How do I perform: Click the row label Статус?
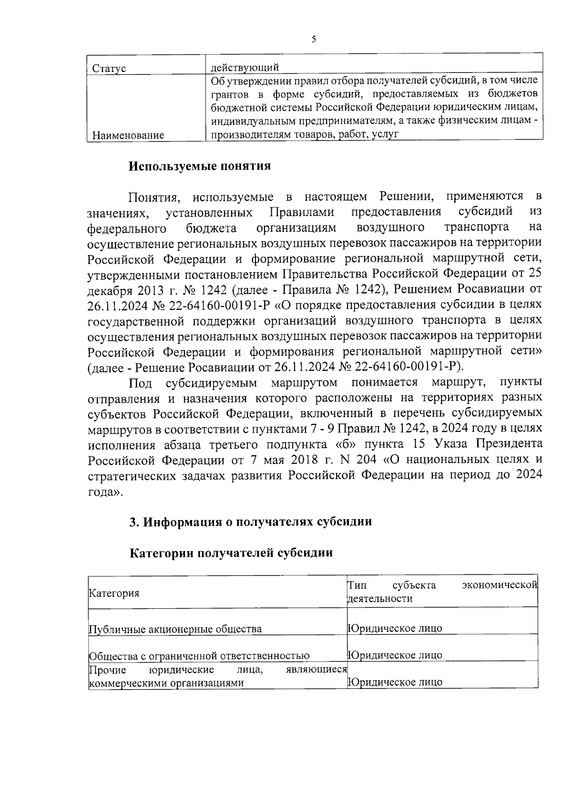pos(108,69)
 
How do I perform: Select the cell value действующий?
pos(245,67)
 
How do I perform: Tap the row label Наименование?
pos(128,135)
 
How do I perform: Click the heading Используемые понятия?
pos(200,166)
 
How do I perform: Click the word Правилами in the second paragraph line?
pos(302,212)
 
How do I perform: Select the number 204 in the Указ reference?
pos(368,461)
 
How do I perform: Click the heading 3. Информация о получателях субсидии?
pos(251,522)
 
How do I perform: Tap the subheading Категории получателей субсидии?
pos(231,553)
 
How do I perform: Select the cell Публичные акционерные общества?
pos(175,629)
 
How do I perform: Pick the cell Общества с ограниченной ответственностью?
pos(199,656)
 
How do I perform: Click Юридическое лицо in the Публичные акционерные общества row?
pos(395,628)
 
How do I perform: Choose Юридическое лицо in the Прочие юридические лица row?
pos(395,682)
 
